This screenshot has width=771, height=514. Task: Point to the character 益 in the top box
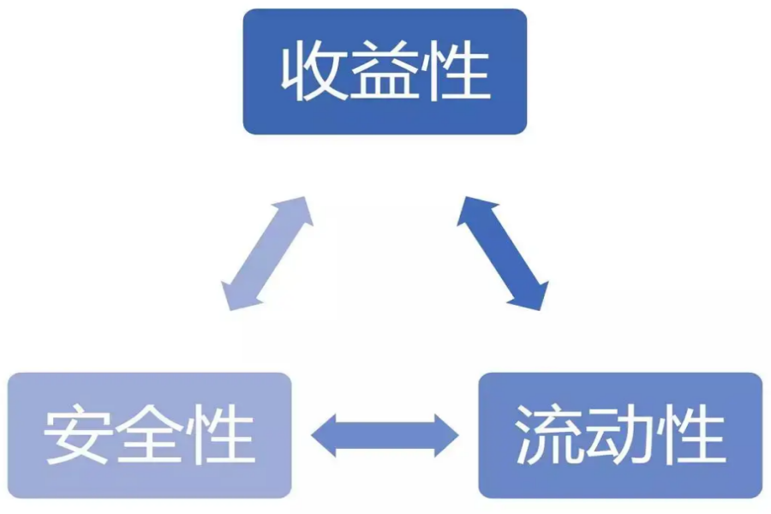[385, 73]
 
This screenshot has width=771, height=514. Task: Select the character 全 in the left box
[150, 436]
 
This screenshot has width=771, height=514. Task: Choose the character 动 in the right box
[620, 436]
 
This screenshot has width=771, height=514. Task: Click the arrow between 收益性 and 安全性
[266, 254]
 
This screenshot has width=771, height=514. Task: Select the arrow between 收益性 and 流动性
[502, 253]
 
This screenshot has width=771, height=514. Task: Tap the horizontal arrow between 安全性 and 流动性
[385, 435]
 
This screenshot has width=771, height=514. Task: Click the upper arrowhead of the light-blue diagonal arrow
[296, 211]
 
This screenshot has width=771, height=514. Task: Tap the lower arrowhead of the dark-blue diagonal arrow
[533, 296]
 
